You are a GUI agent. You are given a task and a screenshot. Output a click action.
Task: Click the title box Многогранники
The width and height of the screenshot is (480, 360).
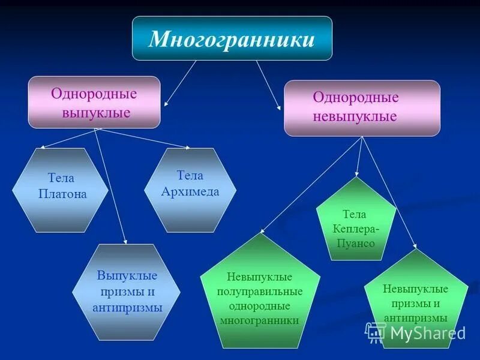point(232,38)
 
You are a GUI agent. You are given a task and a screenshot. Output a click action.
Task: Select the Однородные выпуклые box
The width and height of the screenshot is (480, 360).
point(94,102)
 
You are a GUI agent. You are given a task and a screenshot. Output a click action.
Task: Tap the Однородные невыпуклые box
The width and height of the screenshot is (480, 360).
point(362,108)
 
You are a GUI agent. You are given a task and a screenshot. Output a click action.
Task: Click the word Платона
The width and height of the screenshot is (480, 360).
point(62,194)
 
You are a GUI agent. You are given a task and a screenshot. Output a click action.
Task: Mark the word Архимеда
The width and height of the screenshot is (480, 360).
point(190,192)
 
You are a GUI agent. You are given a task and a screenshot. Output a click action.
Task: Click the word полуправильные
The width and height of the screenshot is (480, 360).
point(260,292)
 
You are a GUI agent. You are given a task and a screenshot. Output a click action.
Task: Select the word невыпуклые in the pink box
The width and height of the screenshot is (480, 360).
point(355,116)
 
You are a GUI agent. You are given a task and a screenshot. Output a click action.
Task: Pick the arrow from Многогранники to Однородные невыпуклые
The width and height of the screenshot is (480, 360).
point(268,85)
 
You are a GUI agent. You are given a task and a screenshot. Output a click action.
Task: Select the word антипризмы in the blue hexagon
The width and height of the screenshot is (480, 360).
point(127,308)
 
